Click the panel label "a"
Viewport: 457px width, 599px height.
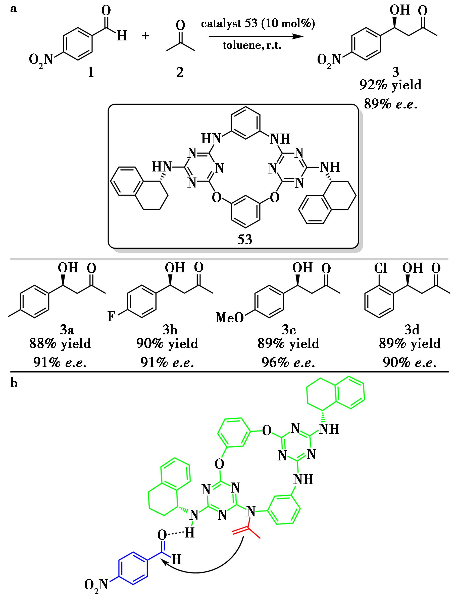click(13, 9)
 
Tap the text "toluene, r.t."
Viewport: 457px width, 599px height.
click(252, 45)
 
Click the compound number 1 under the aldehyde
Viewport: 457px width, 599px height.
click(91, 72)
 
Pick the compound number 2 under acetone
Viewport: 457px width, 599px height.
click(180, 72)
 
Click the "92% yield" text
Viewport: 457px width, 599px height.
click(390, 85)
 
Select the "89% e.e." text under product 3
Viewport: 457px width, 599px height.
click(390, 103)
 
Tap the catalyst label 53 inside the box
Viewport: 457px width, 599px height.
click(244, 239)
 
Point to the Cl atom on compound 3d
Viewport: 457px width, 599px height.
click(380, 269)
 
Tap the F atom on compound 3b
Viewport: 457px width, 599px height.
click(111, 316)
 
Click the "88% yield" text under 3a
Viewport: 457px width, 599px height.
click(60, 343)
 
